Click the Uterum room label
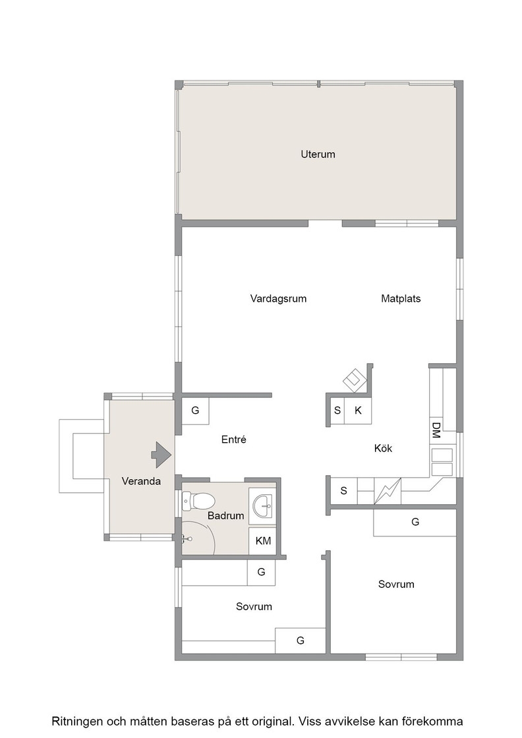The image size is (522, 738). point(318,154)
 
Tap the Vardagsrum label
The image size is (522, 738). point(278,299)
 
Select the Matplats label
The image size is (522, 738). point(401,298)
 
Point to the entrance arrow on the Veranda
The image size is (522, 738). point(161,455)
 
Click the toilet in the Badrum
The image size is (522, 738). point(198,501)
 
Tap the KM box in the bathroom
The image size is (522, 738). point(262,541)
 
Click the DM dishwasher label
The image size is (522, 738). point(436,430)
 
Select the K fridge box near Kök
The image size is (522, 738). point(358,411)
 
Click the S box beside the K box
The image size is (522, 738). point(337,411)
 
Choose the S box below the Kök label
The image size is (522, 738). point(343,491)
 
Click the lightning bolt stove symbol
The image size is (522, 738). point(388,491)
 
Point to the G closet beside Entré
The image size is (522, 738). point(195,411)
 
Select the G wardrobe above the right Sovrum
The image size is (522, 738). point(415,522)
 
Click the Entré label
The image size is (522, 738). point(234,440)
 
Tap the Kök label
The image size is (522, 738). point(383,449)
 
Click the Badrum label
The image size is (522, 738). point(225,516)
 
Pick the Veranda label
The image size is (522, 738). point(141,481)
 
